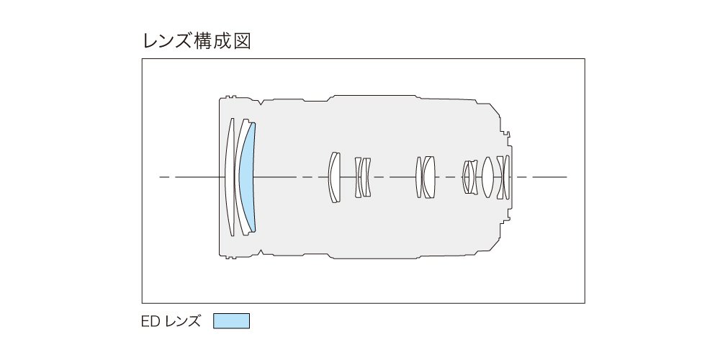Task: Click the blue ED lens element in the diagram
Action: (248, 177)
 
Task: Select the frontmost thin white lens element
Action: (230, 177)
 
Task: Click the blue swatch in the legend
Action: (231, 321)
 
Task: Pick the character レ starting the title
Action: (151, 41)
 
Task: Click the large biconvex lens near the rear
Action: (487, 177)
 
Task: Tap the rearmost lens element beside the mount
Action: (507, 177)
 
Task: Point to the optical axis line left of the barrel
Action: (189, 177)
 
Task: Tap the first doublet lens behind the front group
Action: (334, 177)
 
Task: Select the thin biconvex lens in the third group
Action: (418, 177)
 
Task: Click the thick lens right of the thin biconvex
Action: (429, 177)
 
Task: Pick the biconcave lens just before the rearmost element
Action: (500, 177)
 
